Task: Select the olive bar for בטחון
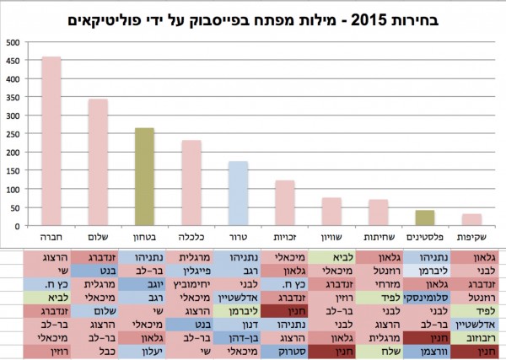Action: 144,177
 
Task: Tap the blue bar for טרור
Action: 239,193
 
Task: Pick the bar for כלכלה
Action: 191,183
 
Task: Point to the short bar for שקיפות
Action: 471,220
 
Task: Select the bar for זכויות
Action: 285,203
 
